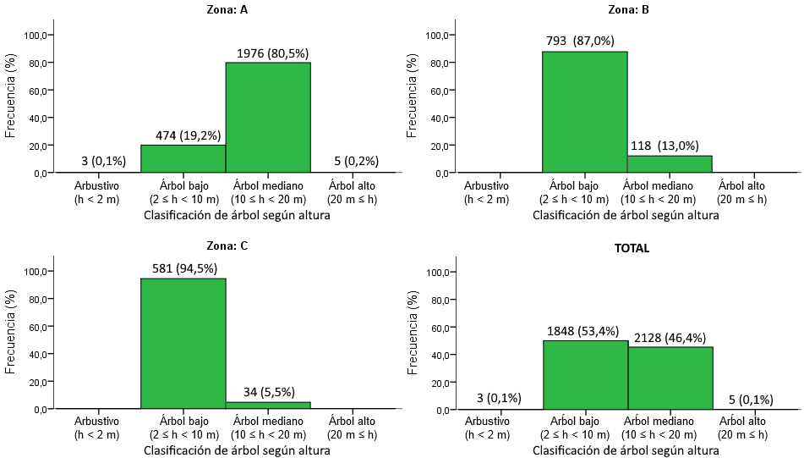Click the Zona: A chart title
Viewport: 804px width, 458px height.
point(226,11)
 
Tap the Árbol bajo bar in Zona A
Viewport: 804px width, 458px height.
point(183,158)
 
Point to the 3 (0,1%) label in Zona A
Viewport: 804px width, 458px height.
point(97,161)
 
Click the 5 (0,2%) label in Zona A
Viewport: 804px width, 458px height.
point(352,161)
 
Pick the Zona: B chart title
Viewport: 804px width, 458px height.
point(627,11)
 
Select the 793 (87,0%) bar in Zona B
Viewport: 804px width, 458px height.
point(585,112)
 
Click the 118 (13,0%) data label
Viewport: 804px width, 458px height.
point(670,145)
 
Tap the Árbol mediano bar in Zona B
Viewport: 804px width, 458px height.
point(670,164)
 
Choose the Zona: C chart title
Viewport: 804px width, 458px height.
point(226,246)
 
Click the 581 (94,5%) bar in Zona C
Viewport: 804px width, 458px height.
point(183,343)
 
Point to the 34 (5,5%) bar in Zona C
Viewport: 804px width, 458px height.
point(268,406)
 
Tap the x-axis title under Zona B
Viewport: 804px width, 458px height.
point(626,216)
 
